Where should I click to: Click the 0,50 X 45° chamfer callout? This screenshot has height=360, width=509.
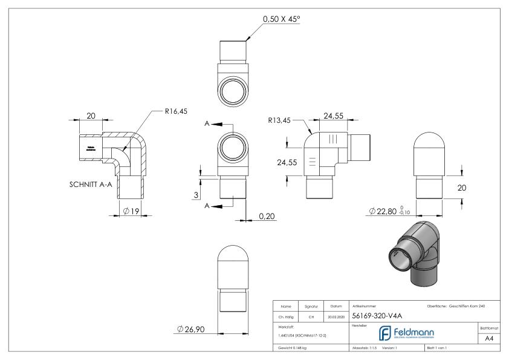pos(281,19)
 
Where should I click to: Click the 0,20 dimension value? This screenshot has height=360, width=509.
pos(266,216)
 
